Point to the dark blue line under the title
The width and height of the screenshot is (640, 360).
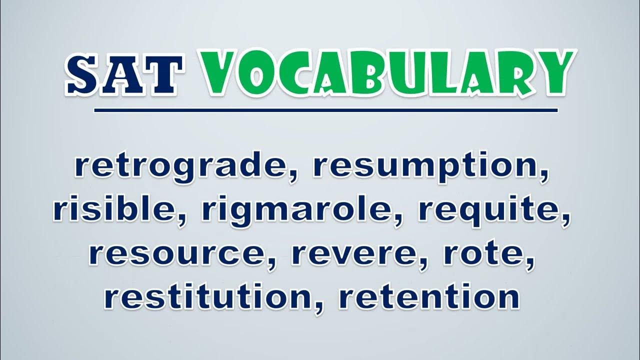point(326,110)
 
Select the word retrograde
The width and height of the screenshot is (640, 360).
point(183,167)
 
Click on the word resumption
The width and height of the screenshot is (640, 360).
point(429,167)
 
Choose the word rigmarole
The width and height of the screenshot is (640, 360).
point(297,211)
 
